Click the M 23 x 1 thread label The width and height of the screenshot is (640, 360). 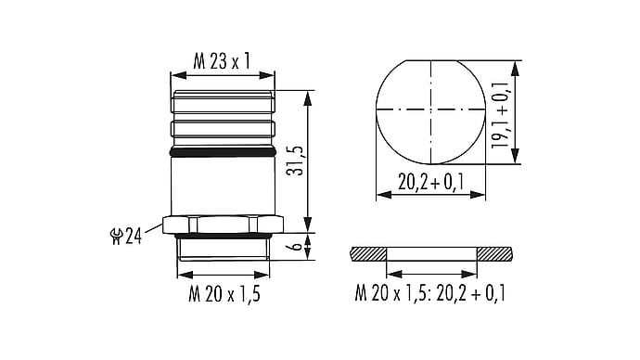pos(222,61)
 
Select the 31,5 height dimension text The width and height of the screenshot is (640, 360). pos(295,161)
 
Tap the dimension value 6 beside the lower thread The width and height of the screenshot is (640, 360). pos(297,245)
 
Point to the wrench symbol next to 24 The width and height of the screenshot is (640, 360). pos(116,237)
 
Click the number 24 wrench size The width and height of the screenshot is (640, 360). pos(133,236)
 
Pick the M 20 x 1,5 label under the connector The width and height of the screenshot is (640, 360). pos(224,293)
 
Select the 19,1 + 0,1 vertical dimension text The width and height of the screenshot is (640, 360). pos(500,115)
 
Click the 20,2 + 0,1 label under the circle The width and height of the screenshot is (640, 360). pos(431,182)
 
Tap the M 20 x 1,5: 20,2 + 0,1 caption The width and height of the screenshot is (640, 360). pos(430,293)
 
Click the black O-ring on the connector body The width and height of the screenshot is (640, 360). pos(223,153)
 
